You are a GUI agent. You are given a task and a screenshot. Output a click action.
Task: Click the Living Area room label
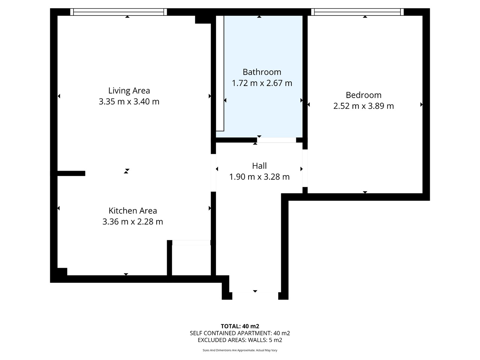(x=129, y=90)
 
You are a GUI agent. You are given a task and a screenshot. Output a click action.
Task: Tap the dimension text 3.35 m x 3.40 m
(x=129, y=102)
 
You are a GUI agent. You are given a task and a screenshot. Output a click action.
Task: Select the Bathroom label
(x=262, y=72)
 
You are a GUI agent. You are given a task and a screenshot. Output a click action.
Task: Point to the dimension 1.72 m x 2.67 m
(x=262, y=83)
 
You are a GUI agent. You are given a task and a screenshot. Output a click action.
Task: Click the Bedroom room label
(x=363, y=95)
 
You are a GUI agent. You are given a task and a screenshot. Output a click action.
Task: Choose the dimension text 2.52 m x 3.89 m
(x=363, y=106)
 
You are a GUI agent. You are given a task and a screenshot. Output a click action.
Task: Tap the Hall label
(x=259, y=166)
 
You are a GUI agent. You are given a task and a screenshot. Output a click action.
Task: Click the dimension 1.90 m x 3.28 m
(x=259, y=177)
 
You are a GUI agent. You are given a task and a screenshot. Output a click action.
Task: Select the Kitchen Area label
(x=133, y=211)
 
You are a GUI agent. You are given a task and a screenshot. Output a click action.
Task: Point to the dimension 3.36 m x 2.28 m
(x=133, y=222)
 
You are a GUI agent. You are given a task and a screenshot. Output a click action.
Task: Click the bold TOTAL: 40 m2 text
(x=240, y=326)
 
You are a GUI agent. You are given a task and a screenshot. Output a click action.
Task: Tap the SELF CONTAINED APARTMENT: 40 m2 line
(x=240, y=333)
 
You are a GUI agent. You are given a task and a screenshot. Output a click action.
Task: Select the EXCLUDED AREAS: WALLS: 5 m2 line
(x=240, y=340)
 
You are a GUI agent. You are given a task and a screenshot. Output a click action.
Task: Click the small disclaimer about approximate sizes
(x=240, y=350)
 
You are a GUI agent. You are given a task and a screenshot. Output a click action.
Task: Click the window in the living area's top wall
(x=118, y=12)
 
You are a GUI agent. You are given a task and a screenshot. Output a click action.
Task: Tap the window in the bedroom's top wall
(x=357, y=12)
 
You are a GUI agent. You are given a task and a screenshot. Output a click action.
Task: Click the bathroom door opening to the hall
(x=276, y=140)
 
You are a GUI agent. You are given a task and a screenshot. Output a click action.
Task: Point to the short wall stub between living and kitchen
(x=71, y=173)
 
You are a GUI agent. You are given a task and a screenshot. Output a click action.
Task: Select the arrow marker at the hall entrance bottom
(x=255, y=291)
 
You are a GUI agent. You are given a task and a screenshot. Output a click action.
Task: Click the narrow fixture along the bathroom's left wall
(x=220, y=73)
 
